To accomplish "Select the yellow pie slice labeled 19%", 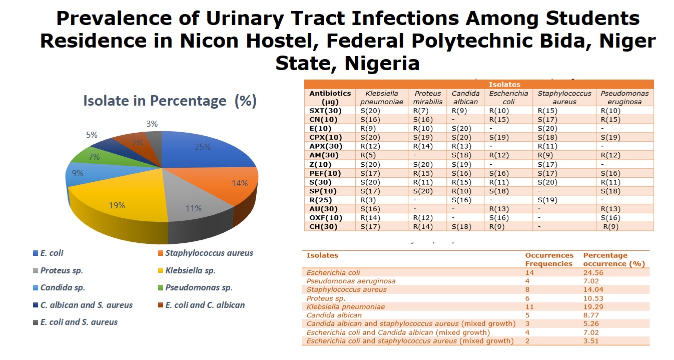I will (117, 205).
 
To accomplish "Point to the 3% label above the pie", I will (152, 124).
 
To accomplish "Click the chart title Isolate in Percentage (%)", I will (170, 101).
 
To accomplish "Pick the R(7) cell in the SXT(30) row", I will (419, 110).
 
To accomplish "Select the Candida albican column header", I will (465, 97).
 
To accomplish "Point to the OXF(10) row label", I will (326, 218).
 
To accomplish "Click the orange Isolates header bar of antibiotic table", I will (504, 85).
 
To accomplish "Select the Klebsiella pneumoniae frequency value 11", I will (529, 306).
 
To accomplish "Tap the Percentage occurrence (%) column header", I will (613, 259).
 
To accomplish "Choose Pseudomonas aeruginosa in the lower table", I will (351, 281).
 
